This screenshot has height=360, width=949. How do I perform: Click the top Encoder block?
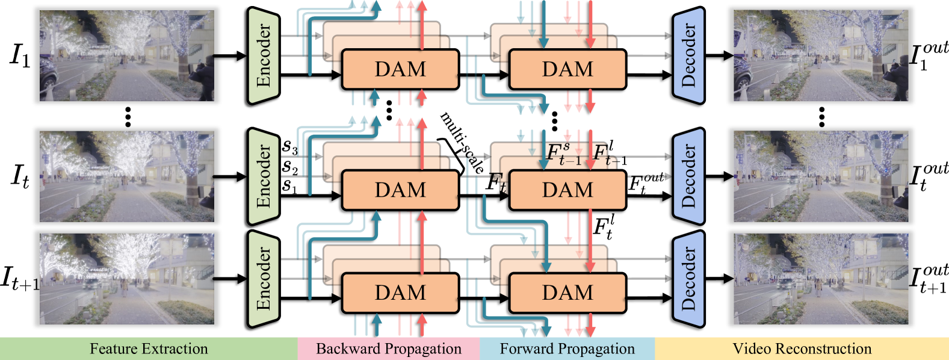coord(264,55)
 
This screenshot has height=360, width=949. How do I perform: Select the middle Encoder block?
coord(264,176)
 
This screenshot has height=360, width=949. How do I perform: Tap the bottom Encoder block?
coord(264,279)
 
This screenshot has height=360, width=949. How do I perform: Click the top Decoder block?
coord(688,55)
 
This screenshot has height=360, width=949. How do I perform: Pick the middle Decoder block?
coord(688,176)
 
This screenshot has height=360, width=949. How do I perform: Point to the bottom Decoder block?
coord(688,279)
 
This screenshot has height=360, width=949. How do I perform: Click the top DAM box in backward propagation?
coord(400,69)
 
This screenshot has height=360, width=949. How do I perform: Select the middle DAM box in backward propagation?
coord(400,190)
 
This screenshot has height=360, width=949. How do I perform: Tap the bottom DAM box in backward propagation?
coord(400,293)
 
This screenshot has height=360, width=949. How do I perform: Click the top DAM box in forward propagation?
coord(567,69)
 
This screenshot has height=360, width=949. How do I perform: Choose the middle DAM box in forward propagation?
coord(567,190)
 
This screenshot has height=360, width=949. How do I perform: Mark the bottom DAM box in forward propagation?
coord(567,293)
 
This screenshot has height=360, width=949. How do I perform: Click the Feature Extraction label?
coord(149,349)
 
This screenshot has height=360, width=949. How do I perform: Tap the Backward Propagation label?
coord(389,349)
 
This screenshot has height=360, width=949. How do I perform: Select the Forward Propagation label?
coord(567,349)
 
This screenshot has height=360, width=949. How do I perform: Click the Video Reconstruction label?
coord(802,349)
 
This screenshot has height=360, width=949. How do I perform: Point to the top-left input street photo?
coord(127,55)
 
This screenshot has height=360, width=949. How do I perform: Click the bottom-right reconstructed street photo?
coord(821,279)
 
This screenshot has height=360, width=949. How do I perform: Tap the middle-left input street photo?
coord(127,176)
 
